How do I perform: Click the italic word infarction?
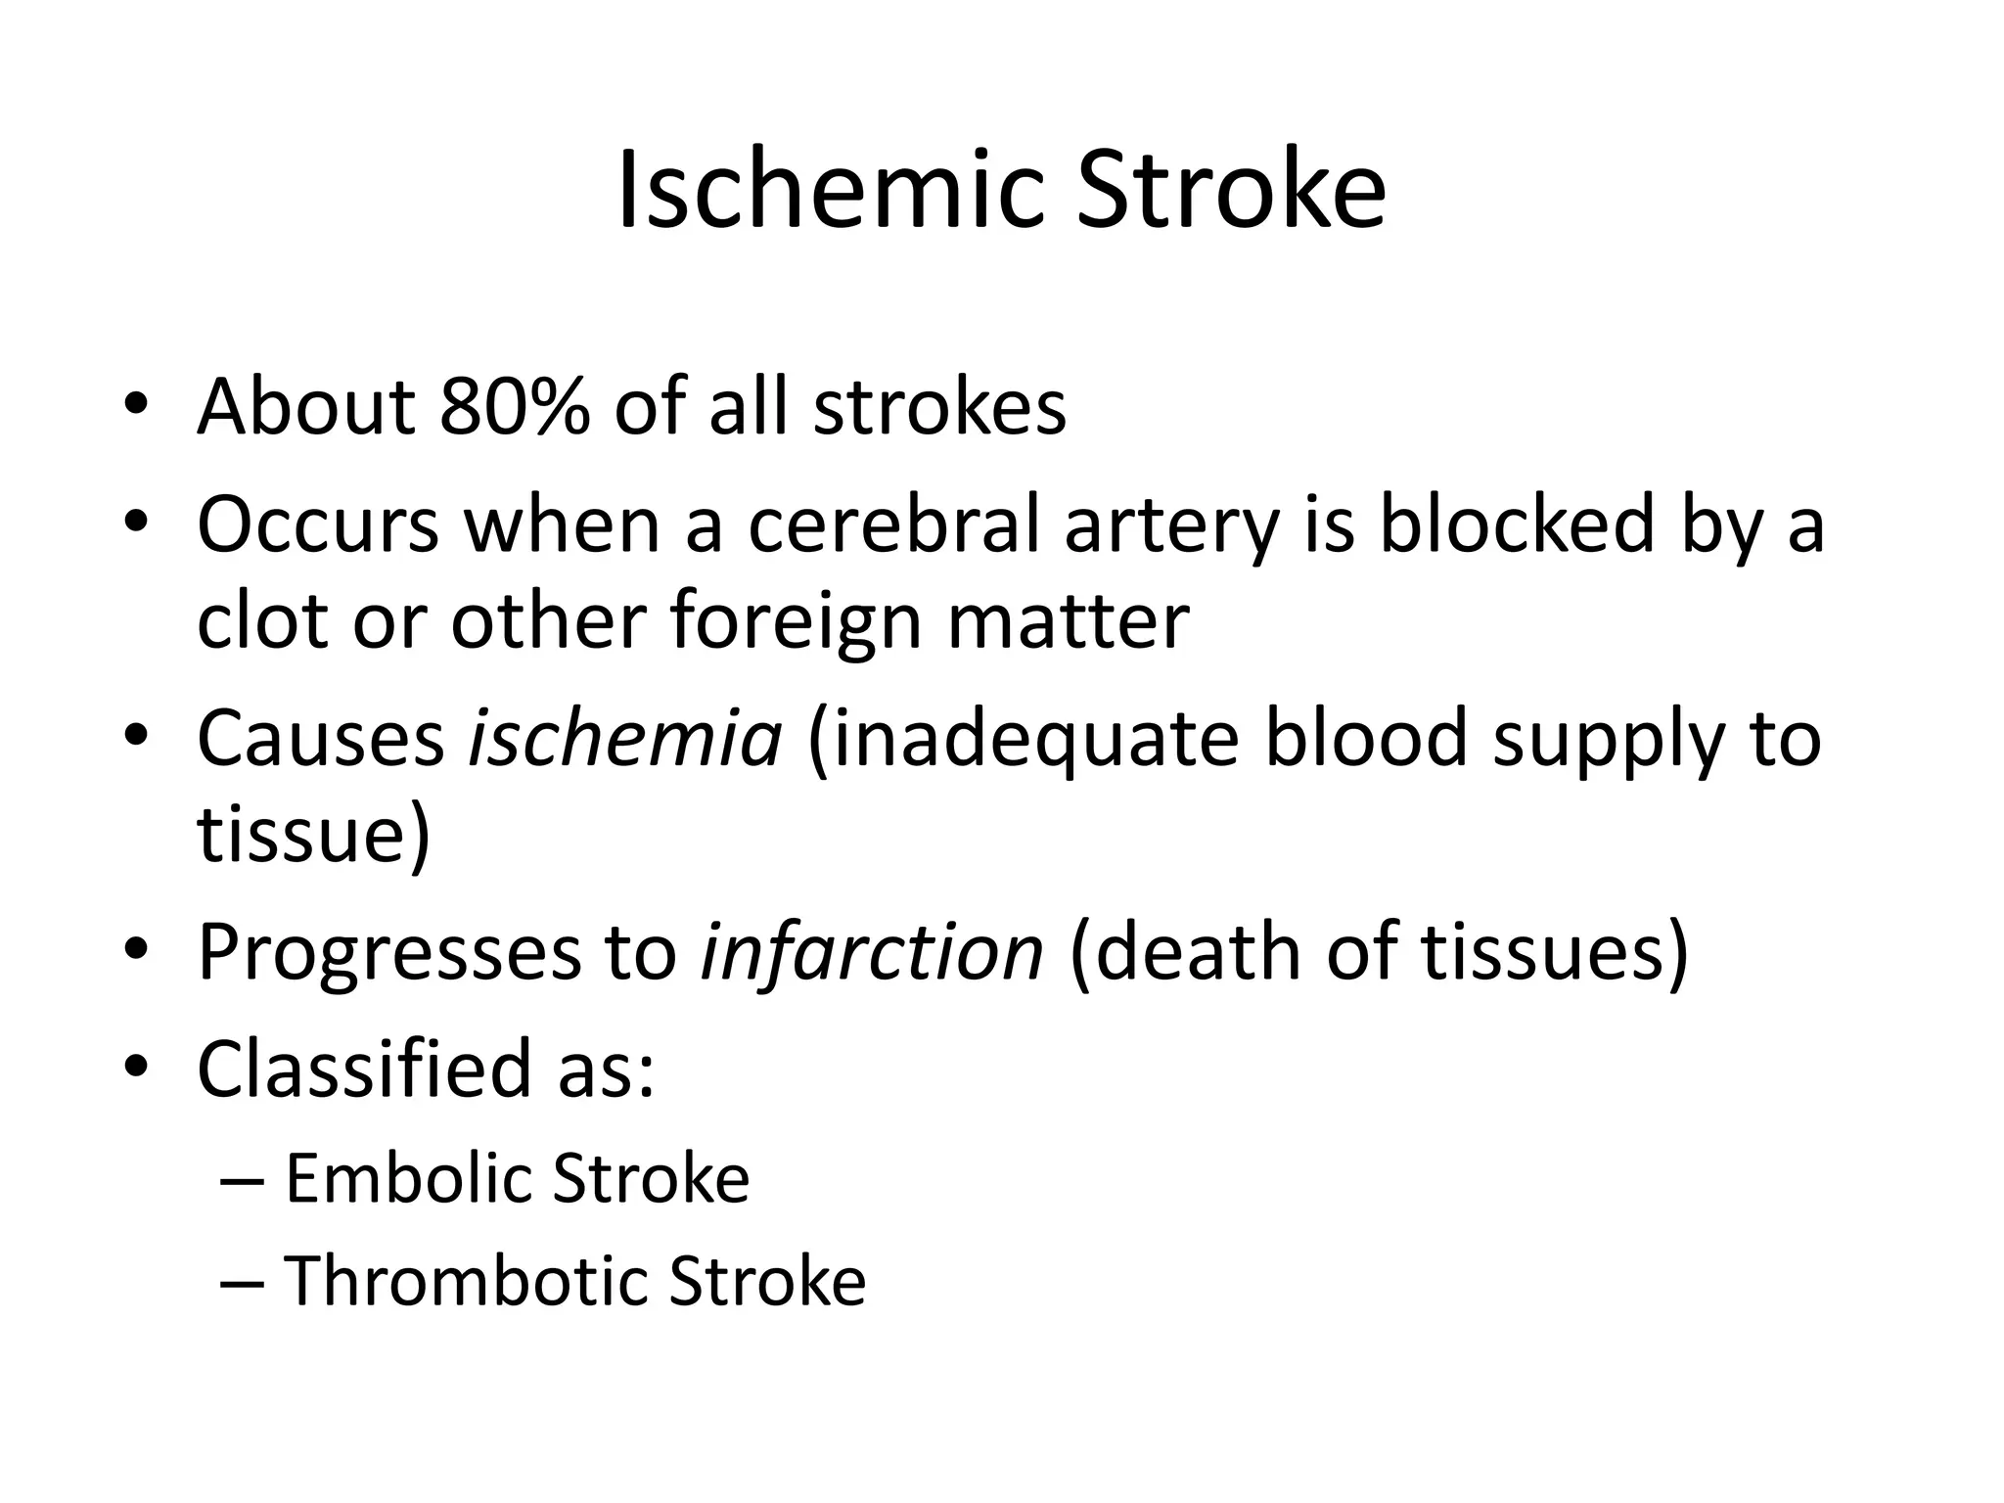[x=872, y=951]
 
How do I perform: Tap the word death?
[x=1198, y=951]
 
